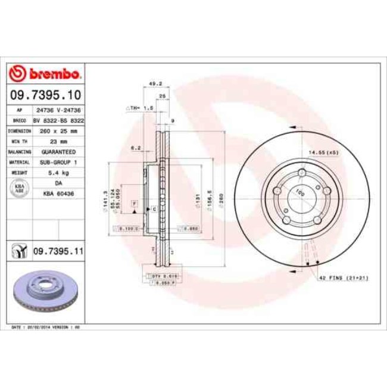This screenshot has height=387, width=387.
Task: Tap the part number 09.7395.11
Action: tap(57, 252)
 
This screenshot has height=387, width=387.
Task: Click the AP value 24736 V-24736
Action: tap(58, 111)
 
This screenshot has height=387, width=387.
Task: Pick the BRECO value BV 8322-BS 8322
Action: tap(58, 120)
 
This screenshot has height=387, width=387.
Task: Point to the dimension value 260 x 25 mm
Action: tap(58, 130)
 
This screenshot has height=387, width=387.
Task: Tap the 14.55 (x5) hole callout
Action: tap(324, 153)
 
